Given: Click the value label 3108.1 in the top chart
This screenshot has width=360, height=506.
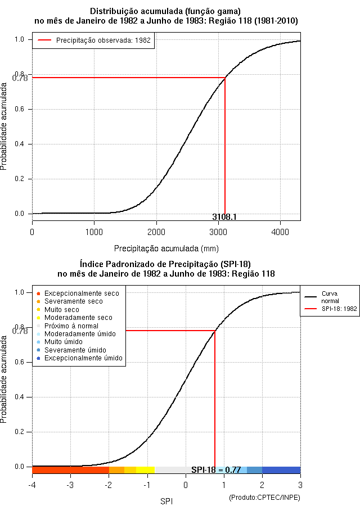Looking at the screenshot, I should pos(224,216).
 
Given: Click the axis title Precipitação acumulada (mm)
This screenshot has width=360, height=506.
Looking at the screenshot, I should pos(166,248).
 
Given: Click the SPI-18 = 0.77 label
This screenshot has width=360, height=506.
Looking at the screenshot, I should pos(216,469).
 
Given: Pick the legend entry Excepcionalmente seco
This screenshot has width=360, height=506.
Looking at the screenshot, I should pos(82,293).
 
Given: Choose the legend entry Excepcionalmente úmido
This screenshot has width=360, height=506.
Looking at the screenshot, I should pos(83,358).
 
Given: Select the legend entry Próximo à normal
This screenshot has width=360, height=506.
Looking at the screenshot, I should pos(71,326).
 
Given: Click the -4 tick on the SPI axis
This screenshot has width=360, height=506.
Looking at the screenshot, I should pos(32,485).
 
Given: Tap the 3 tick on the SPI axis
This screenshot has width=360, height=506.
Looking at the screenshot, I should pos(300,485).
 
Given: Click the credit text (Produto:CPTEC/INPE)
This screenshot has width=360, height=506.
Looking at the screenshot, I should pos(265,497).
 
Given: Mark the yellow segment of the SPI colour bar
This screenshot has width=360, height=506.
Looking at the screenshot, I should pos(145,470).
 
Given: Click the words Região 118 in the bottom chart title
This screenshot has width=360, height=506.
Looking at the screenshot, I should pos(254,274).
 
